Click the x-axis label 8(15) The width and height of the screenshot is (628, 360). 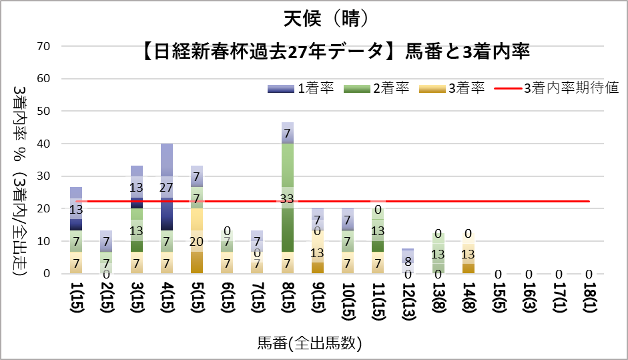288,301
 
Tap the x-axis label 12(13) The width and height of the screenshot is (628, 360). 408,301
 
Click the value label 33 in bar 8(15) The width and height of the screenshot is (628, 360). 288,198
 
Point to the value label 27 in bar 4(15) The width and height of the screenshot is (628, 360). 167,188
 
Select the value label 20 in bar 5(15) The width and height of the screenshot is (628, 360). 197,241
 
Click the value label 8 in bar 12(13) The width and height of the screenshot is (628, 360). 408,261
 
